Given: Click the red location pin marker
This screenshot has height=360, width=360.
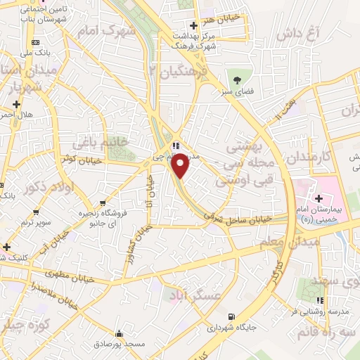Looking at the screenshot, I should tap(180, 164).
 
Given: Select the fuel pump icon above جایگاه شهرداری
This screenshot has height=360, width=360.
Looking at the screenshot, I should tap(231, 317).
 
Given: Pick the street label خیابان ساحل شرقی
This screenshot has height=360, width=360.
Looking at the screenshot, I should tap(244, 219).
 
